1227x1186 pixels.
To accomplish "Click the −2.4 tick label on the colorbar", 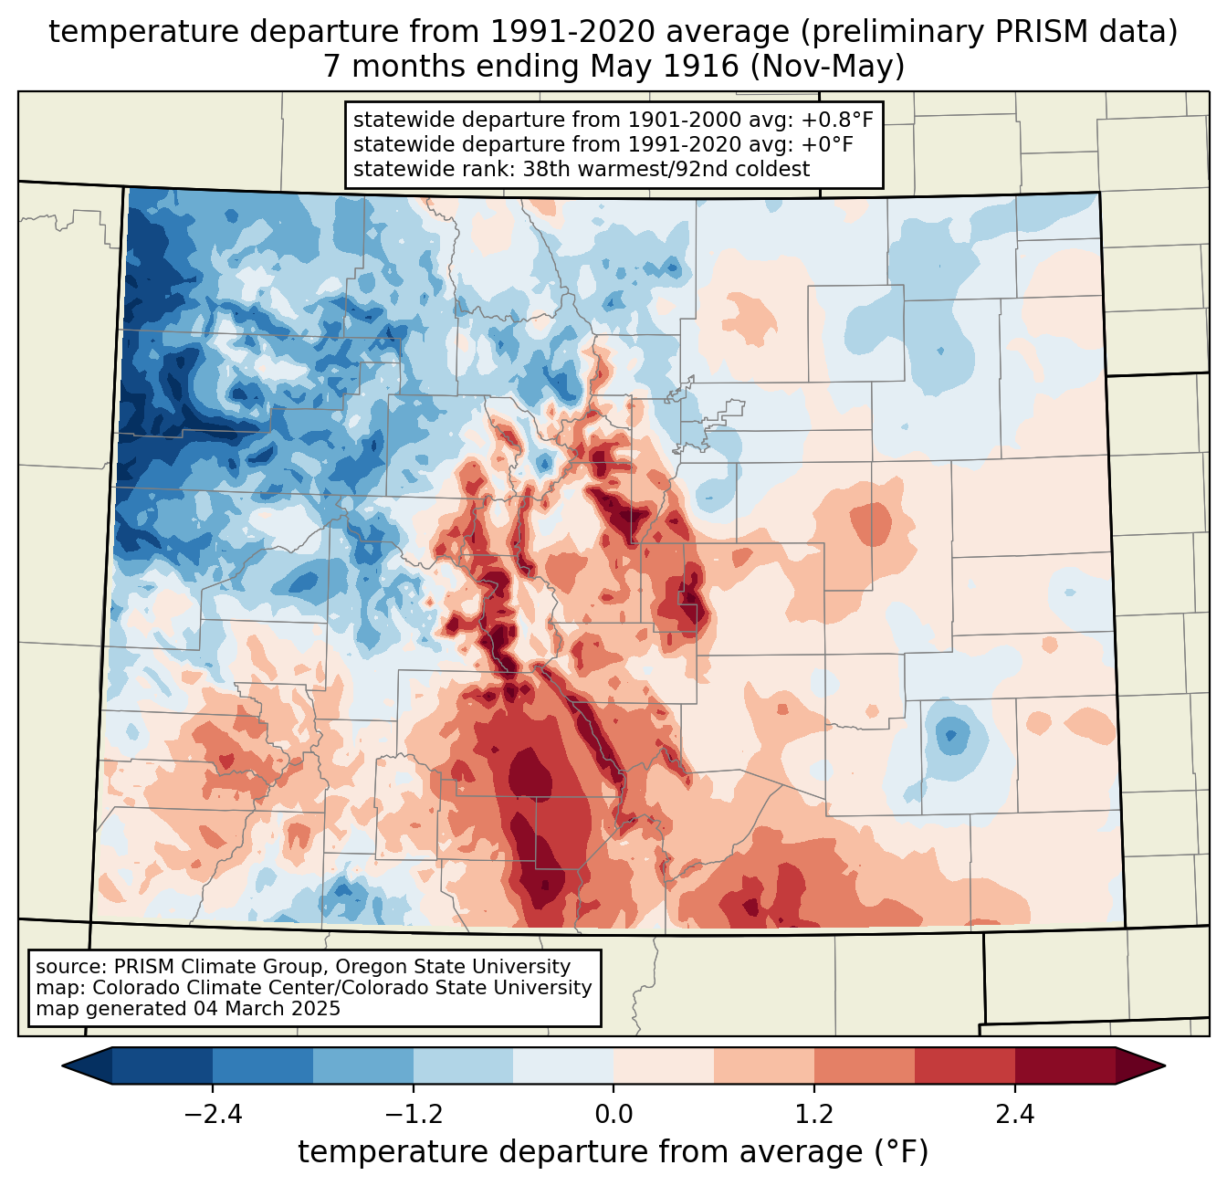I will tap(213, 1115).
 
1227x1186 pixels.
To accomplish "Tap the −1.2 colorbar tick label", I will tap(413, 1115).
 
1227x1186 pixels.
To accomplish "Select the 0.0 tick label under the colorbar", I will tap(613, 1115).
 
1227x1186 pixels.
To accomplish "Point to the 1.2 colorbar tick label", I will tap(814, 1115).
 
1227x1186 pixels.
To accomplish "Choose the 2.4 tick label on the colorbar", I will tap(1014, 1115).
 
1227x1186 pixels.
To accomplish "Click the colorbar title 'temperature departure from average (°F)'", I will tap(613, 1152).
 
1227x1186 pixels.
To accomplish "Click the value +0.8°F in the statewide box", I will tap(837, 121).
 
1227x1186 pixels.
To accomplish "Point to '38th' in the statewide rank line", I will tap(546, 169).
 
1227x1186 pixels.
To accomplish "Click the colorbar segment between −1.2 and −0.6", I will tap(463, 1065).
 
